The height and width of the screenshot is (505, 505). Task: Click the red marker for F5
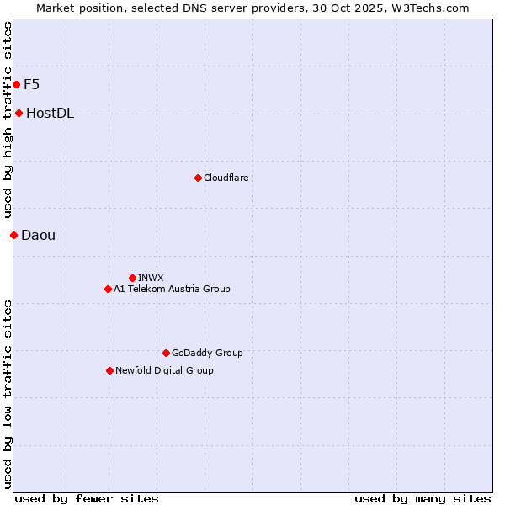tap(16, 84)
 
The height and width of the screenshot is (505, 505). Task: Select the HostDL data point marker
tap(19, 113)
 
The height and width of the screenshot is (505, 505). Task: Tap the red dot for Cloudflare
tap(198, 178)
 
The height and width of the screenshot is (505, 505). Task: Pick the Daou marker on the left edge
tap(13, 235)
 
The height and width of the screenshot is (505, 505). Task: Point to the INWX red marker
tap(132, 278)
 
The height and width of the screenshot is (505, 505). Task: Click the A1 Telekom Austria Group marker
tap(108, 289)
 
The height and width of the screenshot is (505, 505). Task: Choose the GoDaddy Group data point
tap(166, 353)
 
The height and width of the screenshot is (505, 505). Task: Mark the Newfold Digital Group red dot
tap(109, 370)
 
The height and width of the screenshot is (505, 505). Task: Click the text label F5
tap(32, 84)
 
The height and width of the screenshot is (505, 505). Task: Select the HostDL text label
tap(50, 114)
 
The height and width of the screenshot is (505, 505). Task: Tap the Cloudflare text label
tap(226, 178)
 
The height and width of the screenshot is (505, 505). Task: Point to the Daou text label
tap(39, 235)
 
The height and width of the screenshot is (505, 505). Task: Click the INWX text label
tap(151, 278)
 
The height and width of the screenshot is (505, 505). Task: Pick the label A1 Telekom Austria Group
tap(172, 289)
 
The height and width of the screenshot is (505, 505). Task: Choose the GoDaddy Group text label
tap(207, 353)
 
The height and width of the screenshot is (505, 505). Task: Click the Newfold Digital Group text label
tap(164, 370)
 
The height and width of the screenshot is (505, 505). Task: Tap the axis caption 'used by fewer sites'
tap(87, 498)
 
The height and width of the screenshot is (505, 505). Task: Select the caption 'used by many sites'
tap(423, 498)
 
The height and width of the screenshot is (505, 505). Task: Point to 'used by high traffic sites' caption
tap(8, 120)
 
